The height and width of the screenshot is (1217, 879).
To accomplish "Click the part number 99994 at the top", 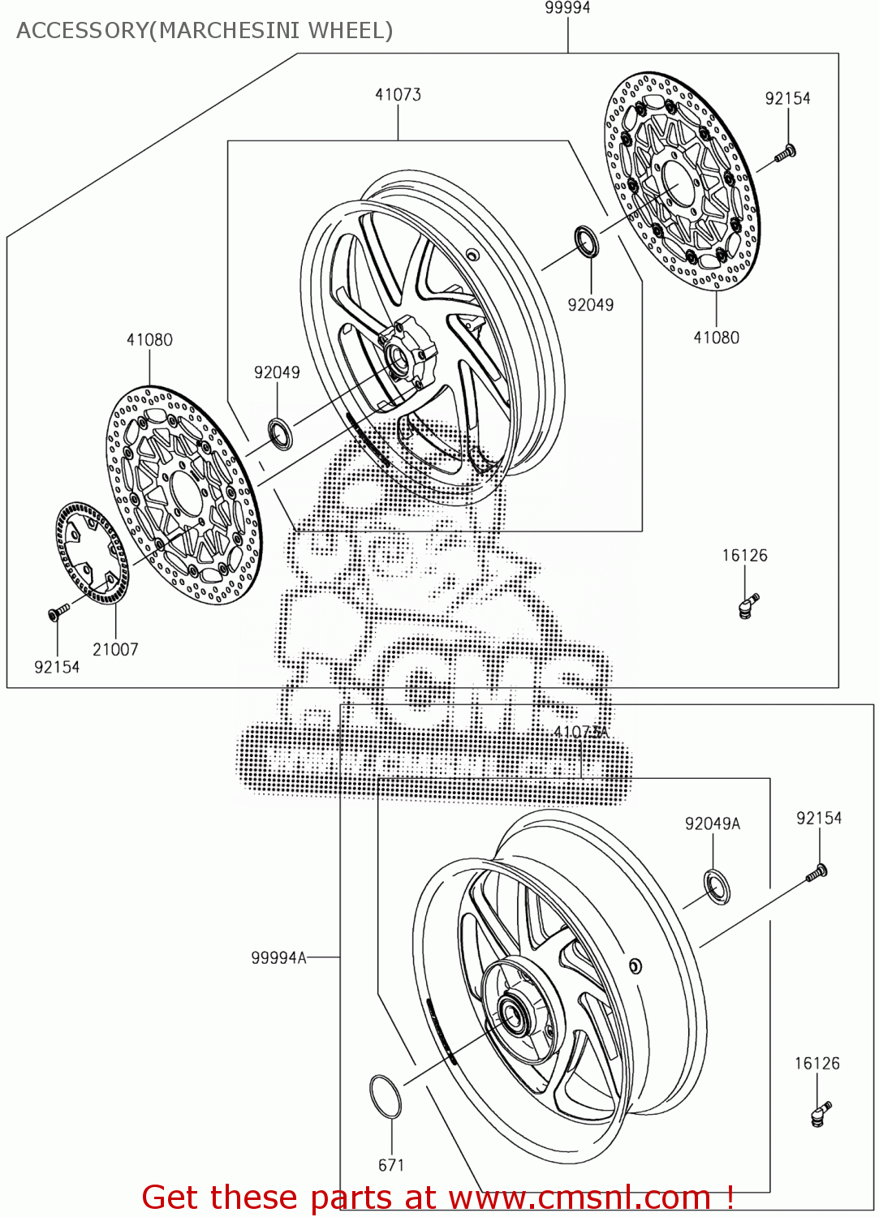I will point(567,8).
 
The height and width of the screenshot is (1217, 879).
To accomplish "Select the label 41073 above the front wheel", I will point(398,95).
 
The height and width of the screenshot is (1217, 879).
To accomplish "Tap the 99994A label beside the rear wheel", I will point(278,958).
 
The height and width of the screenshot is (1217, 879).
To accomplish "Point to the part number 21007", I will point(115,649).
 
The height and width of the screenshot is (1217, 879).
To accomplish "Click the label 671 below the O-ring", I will point(391,1165).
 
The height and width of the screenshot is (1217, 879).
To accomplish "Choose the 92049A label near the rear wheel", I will point(713,824).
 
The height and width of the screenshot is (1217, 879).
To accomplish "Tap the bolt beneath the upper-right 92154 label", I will point(785,153).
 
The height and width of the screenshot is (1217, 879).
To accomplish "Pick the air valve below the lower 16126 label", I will point(820,1112).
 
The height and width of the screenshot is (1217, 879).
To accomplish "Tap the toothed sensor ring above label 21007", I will point(92,553).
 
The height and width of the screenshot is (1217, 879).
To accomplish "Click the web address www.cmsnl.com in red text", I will point(580,1198).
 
